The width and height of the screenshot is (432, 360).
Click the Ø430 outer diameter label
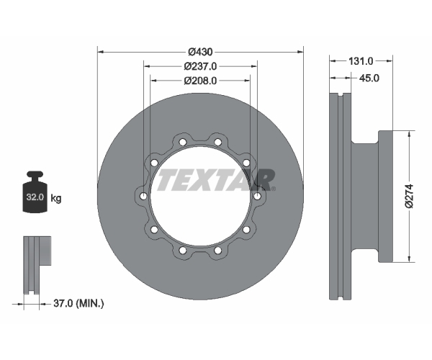click(x=200, y=52)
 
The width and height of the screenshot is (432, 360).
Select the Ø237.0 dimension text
click(x=200, y=66)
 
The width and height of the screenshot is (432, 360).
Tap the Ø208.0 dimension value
click(x=200, y=81)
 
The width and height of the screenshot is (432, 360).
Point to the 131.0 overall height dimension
click(x=361, y=61)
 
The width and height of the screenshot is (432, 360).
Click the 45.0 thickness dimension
click(x=369, y=78)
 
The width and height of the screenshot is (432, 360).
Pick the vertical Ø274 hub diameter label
click(x=410, y=196)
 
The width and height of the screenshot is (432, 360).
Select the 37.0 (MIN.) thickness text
click(x=78, y=304)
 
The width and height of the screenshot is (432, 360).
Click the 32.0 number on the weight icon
click(x=35, y=197)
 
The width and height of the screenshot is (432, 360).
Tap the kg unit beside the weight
click(x=56, y=198)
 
